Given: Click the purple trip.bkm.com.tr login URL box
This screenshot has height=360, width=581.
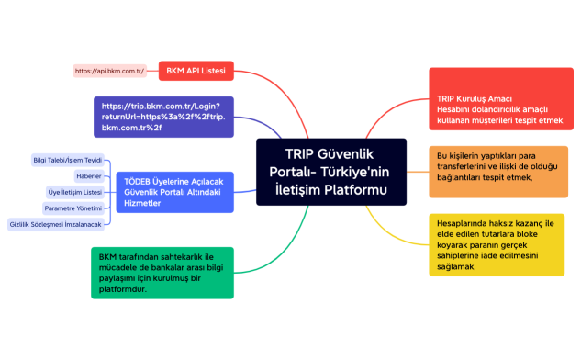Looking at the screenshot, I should [x=162, y=117].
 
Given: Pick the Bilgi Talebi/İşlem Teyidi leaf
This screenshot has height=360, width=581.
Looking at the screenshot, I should [x=67, y=160].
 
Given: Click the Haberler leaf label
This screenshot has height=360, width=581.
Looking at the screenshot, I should [x=88, y=175].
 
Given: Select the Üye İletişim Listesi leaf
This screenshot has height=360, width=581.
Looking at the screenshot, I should [x=74, y=192].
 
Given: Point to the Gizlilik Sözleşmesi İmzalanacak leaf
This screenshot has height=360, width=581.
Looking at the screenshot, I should [x=55, y=224].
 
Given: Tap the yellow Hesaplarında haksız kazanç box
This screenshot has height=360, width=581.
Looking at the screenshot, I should [x=497, y=243].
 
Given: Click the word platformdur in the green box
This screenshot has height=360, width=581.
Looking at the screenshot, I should [x=122, y=288].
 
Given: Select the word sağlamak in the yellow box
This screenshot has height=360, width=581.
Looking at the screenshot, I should [x=456, y=267].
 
